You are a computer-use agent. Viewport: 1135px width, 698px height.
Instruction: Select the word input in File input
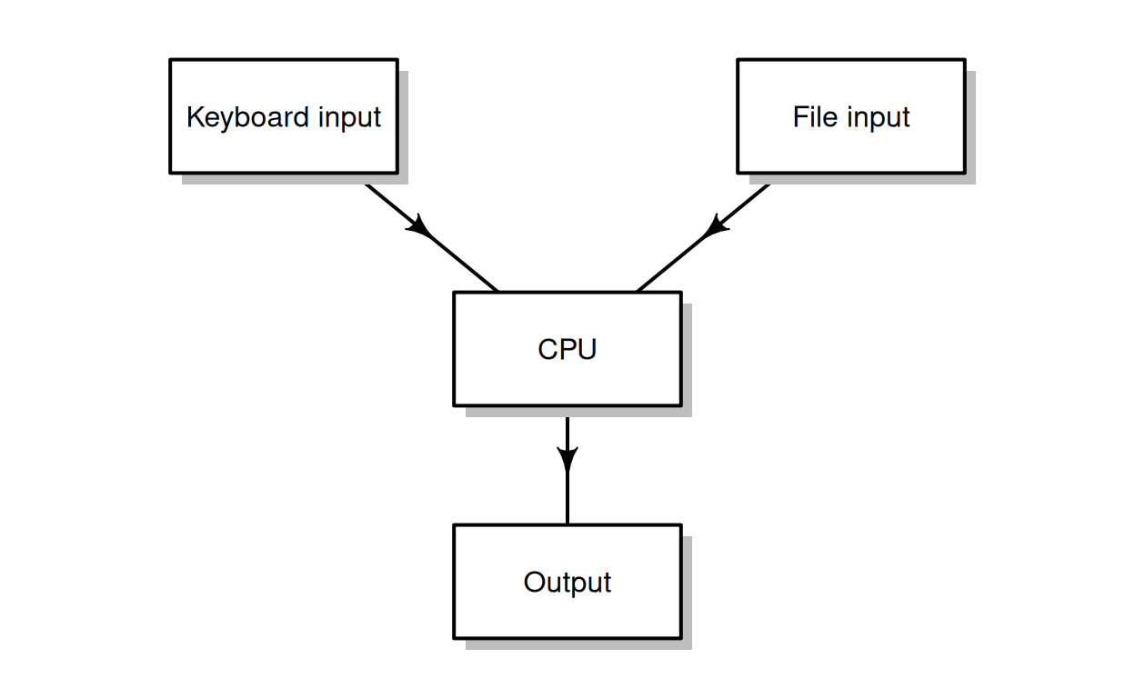pyautogui.click(x=879, y=118)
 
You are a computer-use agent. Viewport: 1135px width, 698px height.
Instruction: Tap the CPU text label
pyautogui.click(x=567, y=349)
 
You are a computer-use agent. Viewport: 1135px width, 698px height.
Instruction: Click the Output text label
pyautogui.click(x=567, y=583)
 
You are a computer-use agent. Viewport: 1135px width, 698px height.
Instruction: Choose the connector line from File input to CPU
pyautogui.click(x=671, y=264)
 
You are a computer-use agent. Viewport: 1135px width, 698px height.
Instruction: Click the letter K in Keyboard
pyautogui.click(x=194, y=117)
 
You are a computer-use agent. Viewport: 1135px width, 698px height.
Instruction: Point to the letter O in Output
pyautogui.click(x=533, y=582)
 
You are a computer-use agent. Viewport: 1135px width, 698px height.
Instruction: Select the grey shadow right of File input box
pyautogui.click(x=970, y=127)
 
